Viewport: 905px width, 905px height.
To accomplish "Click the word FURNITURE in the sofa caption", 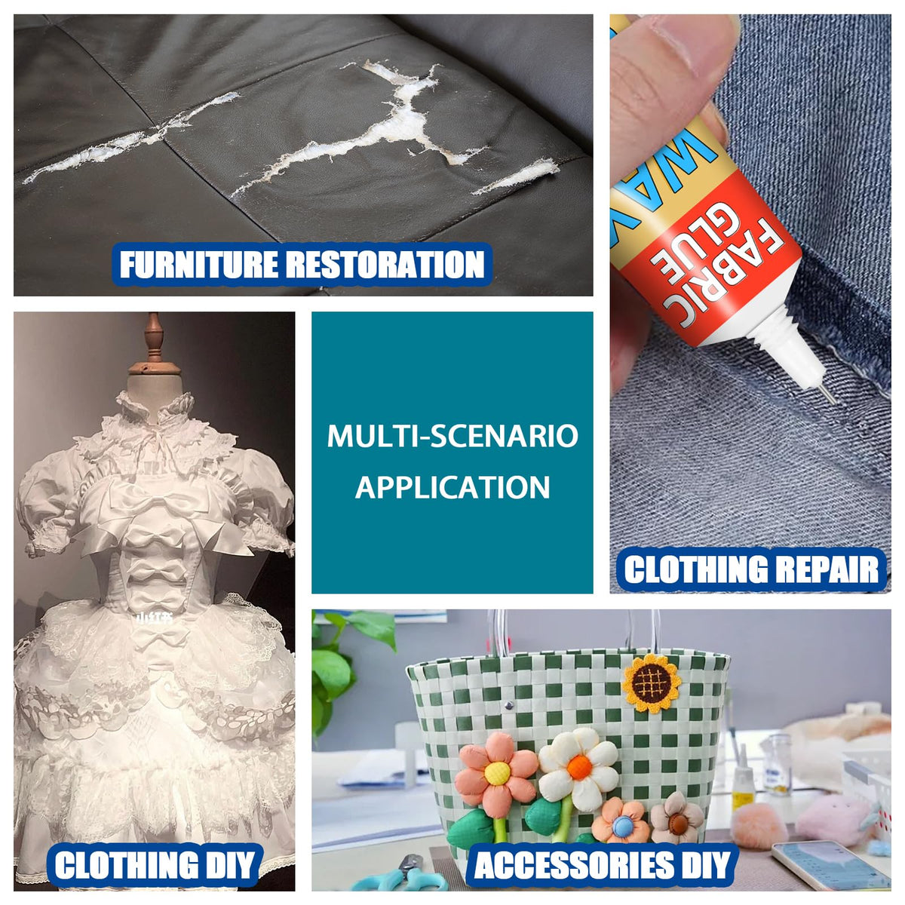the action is tap(198, 265).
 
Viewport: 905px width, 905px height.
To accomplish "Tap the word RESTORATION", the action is tap(385, 265).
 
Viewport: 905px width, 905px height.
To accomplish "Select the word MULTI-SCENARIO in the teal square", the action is tap(452, 437).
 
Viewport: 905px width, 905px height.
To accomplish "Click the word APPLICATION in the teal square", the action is tap(452, 487).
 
